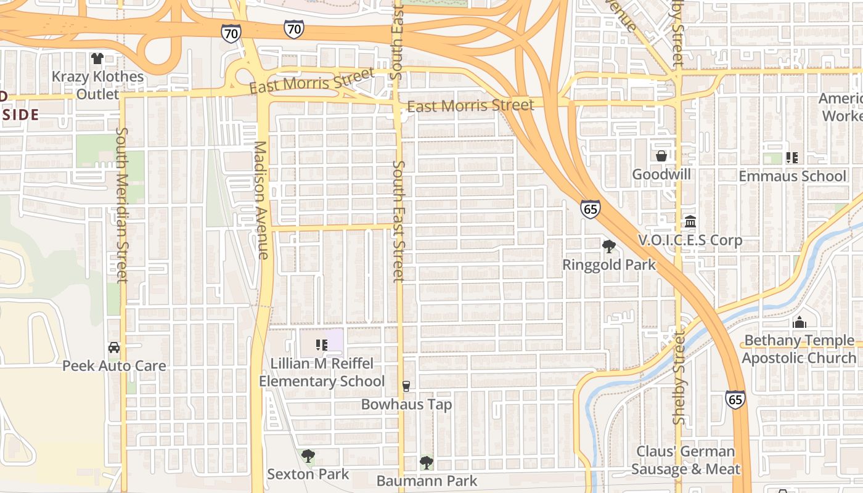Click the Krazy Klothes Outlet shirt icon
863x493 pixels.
click(97, 59)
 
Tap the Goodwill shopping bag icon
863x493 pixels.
click(661, 156)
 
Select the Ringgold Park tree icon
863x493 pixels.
click(609, 246)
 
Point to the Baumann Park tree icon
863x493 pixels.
click(426, 463)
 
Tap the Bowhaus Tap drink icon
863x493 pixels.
click(406, 386)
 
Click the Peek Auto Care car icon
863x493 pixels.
click(114, 348)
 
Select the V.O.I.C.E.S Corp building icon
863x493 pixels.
click(690, 221)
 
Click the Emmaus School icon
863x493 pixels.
click(792, 158)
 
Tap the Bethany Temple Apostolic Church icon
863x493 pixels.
click(800, 322)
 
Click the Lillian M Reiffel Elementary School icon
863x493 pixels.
click(321, 345)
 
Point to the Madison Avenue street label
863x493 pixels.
click(261, 200)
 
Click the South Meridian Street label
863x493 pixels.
click(121, 205)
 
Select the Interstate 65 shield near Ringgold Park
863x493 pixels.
click(590, 209)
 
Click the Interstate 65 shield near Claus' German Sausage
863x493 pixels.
click(735, 399)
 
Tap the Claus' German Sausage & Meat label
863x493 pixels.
click(685, 460)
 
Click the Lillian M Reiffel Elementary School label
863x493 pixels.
click(322, 372)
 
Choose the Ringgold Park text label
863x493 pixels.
click(609, 265)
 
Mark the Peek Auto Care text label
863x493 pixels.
click(114, 366)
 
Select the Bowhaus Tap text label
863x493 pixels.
click(406, 405)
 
